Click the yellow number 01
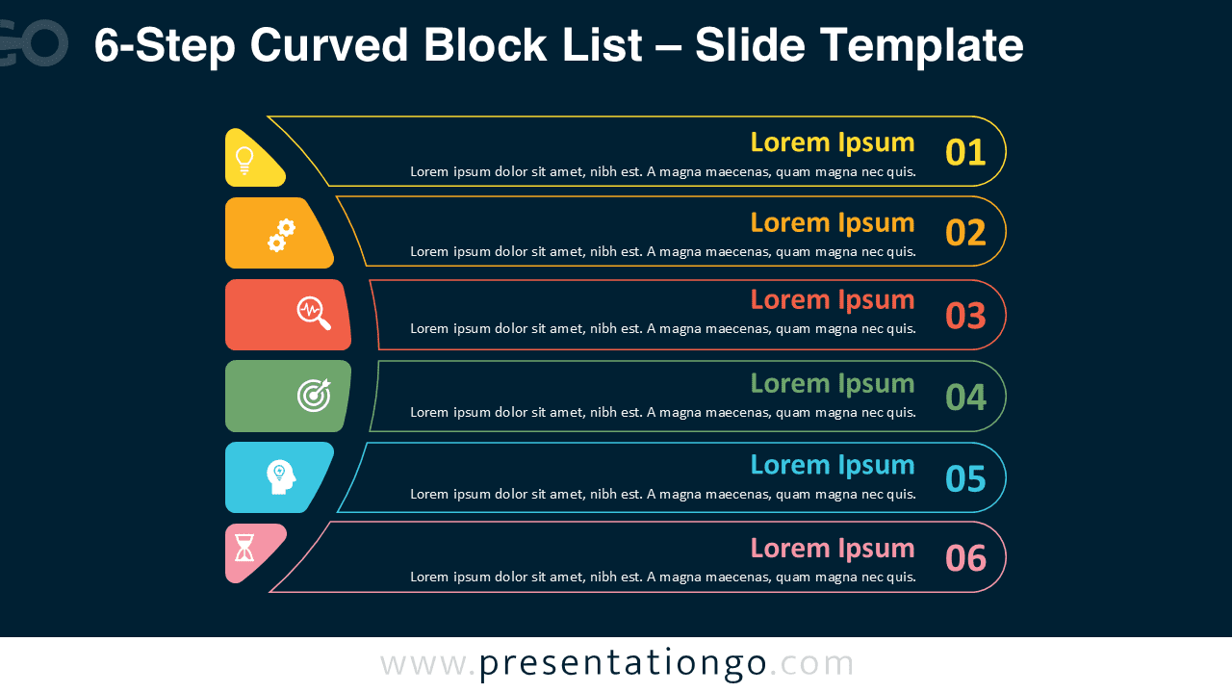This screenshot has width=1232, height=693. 965,153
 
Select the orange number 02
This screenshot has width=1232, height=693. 965,233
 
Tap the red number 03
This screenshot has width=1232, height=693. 965,316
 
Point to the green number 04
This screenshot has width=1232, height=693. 965,398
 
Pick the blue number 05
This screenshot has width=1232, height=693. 965,478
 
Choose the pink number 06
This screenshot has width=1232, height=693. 965,558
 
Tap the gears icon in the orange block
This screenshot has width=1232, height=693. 281,235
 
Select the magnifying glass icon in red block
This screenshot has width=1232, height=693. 314,313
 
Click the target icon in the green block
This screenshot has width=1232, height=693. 314,394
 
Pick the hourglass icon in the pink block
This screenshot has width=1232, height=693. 244,548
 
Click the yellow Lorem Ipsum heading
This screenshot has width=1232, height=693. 832,142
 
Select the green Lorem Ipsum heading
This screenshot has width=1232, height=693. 832,383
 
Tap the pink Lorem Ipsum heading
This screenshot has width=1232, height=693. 832,548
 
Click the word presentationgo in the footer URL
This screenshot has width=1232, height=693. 623,663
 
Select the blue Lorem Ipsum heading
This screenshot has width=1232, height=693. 832,465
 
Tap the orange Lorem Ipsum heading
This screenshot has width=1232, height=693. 832,222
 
